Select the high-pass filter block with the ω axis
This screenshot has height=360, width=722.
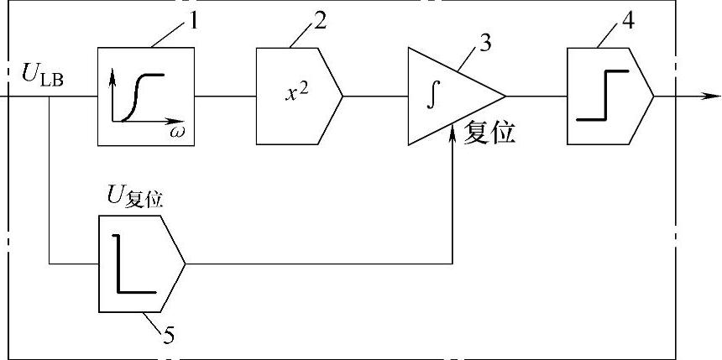coord(147,96)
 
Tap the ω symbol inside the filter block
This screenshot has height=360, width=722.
coord(177,133)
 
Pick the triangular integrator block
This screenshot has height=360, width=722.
coord(449,96)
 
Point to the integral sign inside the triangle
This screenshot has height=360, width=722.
coord(432,95)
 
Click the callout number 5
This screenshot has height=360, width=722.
coord(169,337)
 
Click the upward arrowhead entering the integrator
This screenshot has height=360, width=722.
coord(453,131)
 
